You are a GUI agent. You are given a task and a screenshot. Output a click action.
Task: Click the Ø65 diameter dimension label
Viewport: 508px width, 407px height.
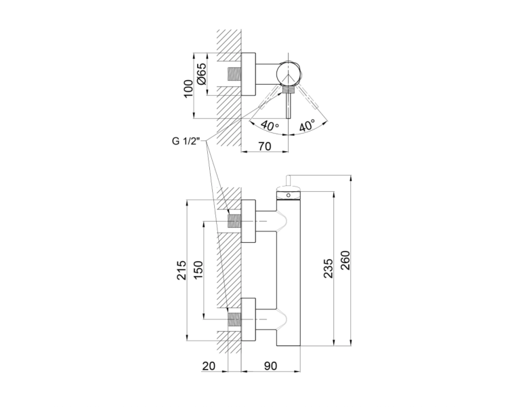click(x=201, y=75)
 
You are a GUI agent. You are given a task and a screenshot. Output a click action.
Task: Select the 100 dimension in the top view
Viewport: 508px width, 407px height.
click(x=188, y=88)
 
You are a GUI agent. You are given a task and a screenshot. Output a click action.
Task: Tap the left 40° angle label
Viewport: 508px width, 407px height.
click(x=270, y=125)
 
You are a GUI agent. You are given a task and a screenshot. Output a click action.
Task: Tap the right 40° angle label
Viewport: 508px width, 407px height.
click(x=306, y=125)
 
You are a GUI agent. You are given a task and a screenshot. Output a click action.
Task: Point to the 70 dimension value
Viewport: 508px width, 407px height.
click(x=265, y=147)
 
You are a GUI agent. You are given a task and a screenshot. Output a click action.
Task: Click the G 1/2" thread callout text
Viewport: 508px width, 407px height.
click(x=185, y=141)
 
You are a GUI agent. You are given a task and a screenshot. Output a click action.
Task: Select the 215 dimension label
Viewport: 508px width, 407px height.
click(x=182, y=270)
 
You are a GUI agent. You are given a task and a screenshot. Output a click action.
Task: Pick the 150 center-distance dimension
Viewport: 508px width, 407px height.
click(x=198, y=270)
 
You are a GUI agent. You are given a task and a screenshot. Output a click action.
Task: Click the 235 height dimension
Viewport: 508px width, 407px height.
click(x=329, y=269)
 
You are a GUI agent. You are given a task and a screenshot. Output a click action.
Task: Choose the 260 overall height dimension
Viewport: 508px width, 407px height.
click(x=345, y=260)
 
